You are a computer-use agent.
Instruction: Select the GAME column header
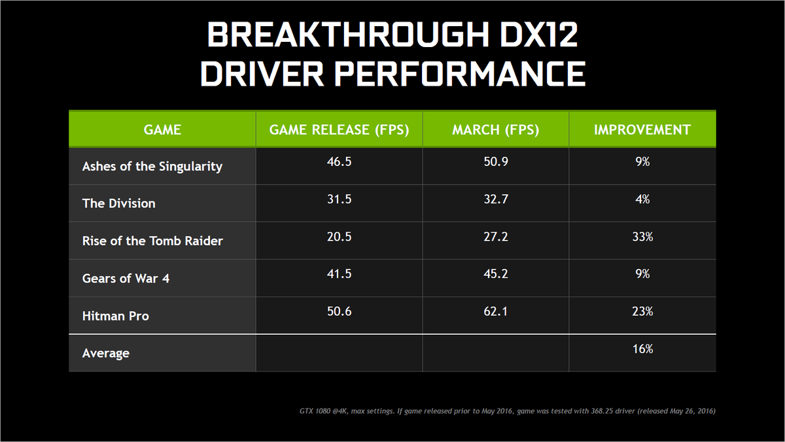pyautogui.click(x=162, y=129)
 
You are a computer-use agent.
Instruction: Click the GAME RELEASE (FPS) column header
pyautogui.click(x=339, y=129)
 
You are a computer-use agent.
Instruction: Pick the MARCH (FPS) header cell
pyautogui.click(x=495, y=129)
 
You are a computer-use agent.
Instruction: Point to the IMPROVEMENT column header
pyautogui.click(x=642, y=129)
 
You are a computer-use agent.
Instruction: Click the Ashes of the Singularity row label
pyautogui.click(x=152, y=166)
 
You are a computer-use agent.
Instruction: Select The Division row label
pyautogui.click(x=119, y=203)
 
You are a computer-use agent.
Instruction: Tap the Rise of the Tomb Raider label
pyautogui.click(x=152, y=241)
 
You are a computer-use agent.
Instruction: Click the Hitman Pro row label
pyautogui.click(x=116, y=316)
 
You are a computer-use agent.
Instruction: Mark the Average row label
pyautogui.click(x=106, y=353)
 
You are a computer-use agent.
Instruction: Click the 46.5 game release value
pyautogui.click(x=339, y=161)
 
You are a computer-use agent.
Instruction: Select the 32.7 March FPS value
pyautogui.click(x=495, y=199)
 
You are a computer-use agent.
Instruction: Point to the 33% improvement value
pyautogui.click(x=642, y=237)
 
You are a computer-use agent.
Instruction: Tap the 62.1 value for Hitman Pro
pyautogui.click(x=495, y=311)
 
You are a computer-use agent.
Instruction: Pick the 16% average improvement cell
pyautogui.click(x=642, y=348)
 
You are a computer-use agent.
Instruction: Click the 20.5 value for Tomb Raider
pyautogui.click(x=339, y=237)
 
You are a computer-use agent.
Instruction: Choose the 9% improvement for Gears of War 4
pyautogui.click(x=642, y=274)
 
